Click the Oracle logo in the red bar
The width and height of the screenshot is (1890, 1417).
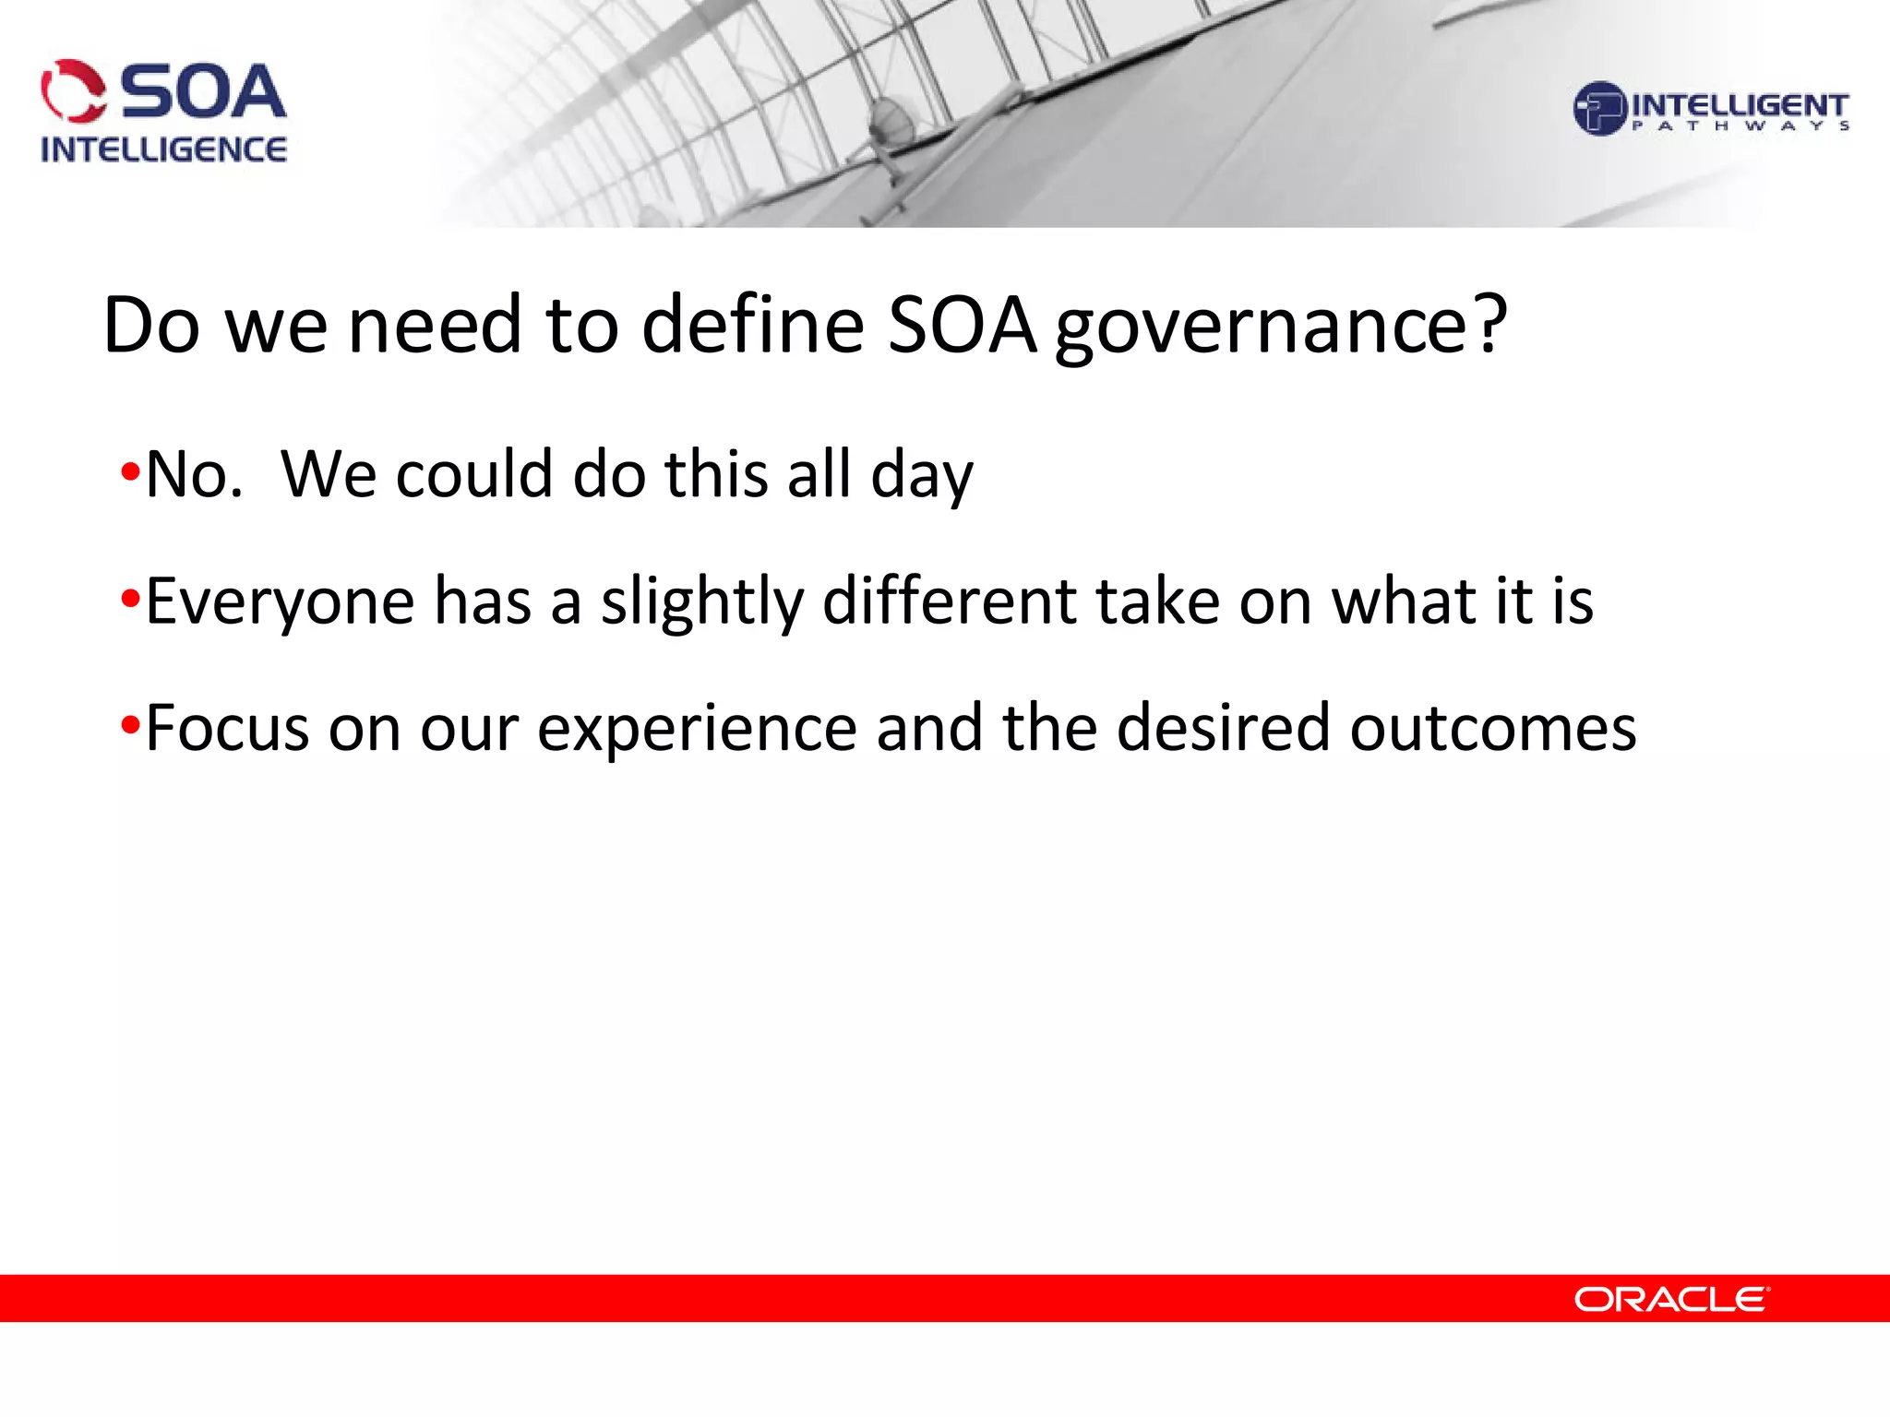(1671, 1300)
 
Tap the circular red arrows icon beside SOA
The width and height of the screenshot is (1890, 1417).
(74, 91)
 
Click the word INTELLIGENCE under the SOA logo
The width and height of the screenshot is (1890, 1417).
(163, 149)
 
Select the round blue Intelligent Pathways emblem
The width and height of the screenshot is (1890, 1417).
(1599, 109)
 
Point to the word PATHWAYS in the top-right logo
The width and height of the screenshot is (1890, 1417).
(1740, 126)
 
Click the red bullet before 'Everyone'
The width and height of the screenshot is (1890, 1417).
(130, 601)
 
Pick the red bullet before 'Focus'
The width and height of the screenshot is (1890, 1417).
(130, 727)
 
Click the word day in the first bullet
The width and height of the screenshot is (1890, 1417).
(921, 476)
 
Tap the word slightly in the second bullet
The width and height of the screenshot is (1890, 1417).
(702, 602)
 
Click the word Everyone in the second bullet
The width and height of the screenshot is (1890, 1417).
(280, 602)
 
